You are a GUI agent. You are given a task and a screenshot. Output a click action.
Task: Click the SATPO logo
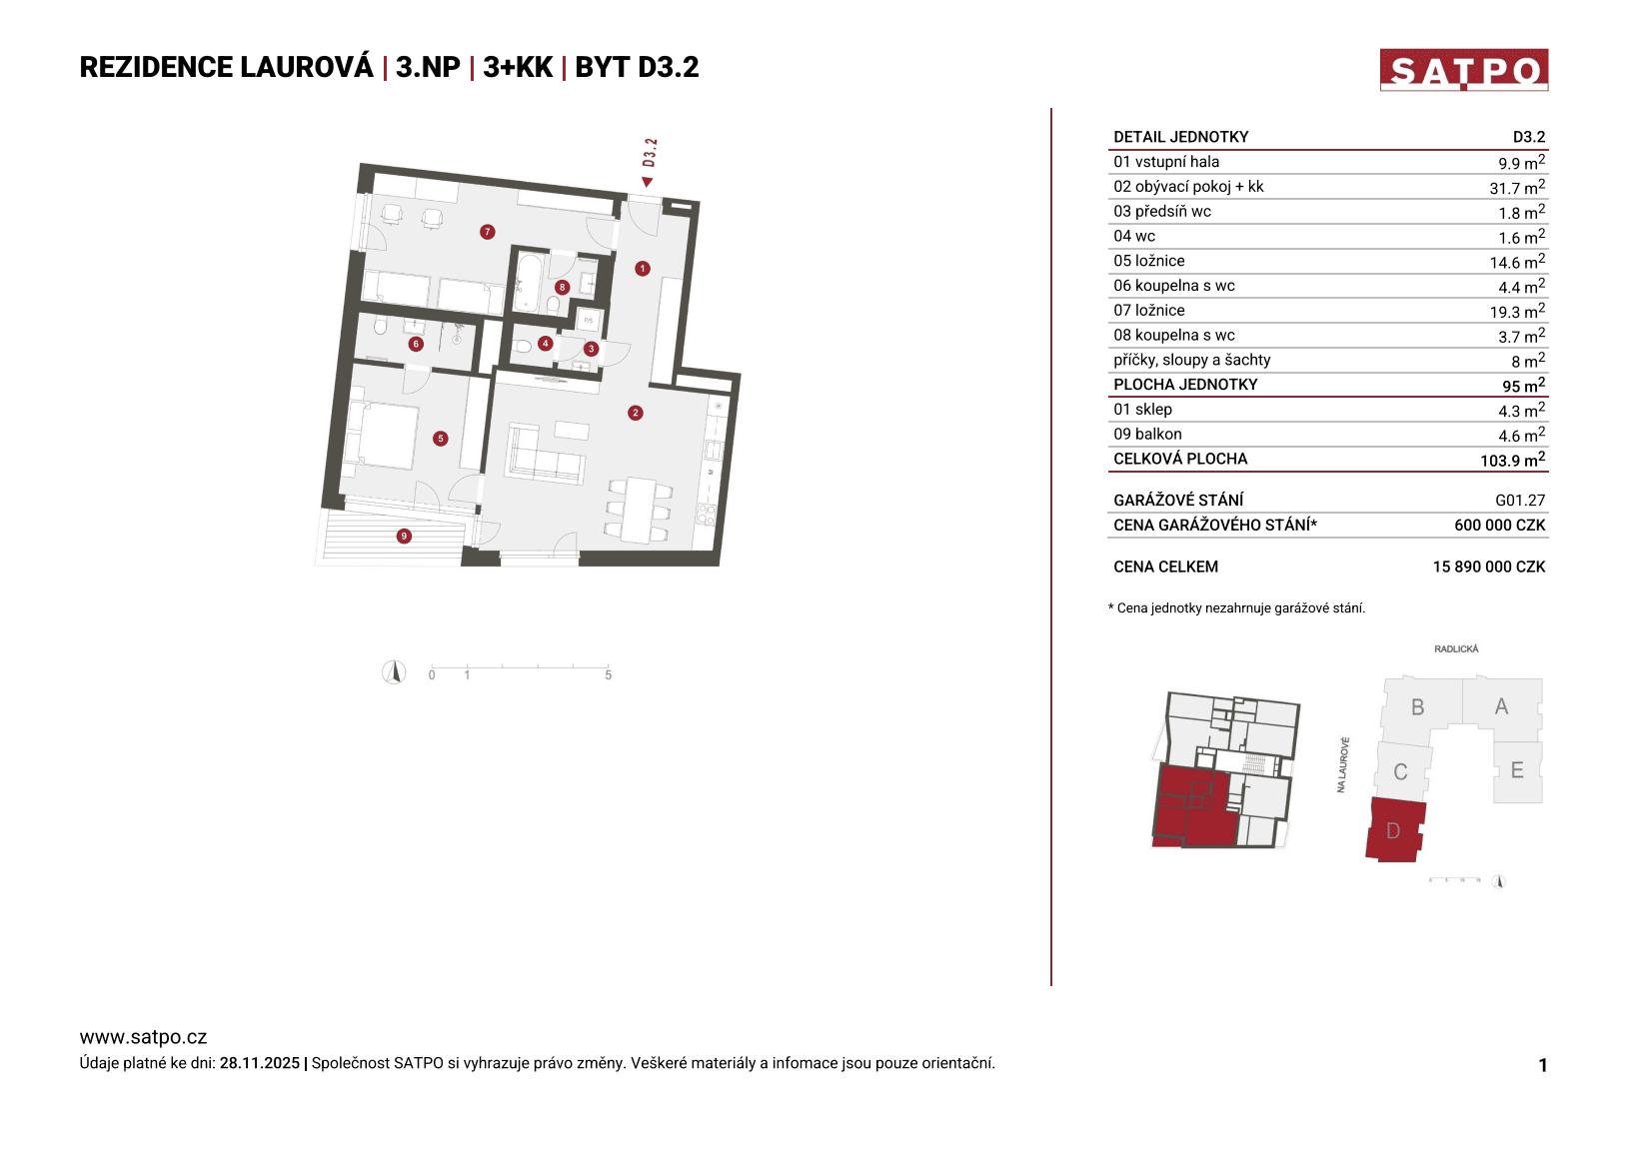coord(1463,70)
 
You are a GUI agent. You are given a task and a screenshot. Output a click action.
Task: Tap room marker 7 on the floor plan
coord(487,232)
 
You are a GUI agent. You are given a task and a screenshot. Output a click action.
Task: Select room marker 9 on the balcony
coord(404,537)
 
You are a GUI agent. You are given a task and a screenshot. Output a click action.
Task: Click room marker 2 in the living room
coord(635,413)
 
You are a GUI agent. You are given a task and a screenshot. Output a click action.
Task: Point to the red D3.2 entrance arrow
coord(647,182)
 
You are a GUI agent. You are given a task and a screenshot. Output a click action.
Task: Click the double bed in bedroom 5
coord(381,436)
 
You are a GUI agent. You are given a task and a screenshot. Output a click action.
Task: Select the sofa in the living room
coord(545,455)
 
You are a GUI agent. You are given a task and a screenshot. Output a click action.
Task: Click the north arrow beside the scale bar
coord(394,672)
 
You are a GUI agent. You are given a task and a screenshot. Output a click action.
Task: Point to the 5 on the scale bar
coord(608,675)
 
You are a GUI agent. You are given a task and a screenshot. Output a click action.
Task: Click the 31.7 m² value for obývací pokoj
coord(1516,188)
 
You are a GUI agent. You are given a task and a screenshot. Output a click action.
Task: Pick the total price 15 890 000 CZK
coord(1488,567)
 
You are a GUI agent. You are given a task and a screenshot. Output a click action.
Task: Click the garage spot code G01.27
coord(1519,501)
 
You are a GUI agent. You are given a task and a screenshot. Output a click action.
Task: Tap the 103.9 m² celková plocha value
coord(1511,460)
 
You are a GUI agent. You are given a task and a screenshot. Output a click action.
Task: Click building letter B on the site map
coord(1417,707)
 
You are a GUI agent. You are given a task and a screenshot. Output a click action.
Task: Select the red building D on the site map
coord(1394,830)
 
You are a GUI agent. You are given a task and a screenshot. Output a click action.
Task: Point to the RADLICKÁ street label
coord(1455,649)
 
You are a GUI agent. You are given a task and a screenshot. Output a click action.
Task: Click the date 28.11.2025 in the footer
coord(259,1063)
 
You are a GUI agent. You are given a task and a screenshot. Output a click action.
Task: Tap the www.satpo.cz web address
coord(143,1037)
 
